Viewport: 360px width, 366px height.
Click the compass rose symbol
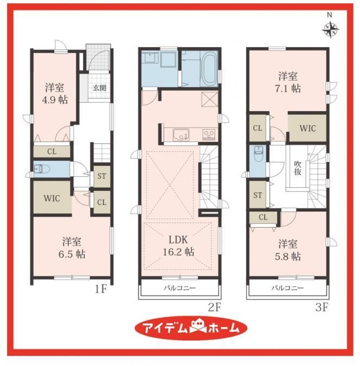pyautogui.click(x=330, y=30)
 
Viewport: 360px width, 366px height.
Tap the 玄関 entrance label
pyautogui.click(x=100, y=88)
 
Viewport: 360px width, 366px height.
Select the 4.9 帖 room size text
pyautogui.click(x=55, y=100)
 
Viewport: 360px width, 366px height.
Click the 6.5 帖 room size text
pyautogui.click(x=72, y=254)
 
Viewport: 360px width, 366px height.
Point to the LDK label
pyautogui.click(x=178, y=240)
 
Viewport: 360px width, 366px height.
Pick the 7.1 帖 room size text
pyautogui.click(x=288, y=88)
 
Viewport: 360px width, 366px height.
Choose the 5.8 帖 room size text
pyautogui.click(x=288, y=256)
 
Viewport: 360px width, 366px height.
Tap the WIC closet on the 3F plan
pyautogui.click(x=308, y=128)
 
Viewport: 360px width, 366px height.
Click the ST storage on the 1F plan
pyautogui.click(x=102, y=176)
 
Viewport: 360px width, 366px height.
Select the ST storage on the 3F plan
pyautogui.click(x=258, y=195)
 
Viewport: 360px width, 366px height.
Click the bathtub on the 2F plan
pyautogui.click(x=209, y=69)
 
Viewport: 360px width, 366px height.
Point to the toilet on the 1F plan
pyautogui.click(x=42, y=169)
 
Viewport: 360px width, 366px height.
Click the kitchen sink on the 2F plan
pyautogui.click(x=181, y=134)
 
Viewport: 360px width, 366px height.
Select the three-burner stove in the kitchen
pyautogui.click(x=209, y=134)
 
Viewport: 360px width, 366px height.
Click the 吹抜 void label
pyautogui.click(x=298, y=168)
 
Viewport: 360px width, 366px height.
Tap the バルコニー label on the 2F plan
pyautogui.click(x=179, y=288)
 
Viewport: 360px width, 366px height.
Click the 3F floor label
pyautogui.click(x=322, y=307)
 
